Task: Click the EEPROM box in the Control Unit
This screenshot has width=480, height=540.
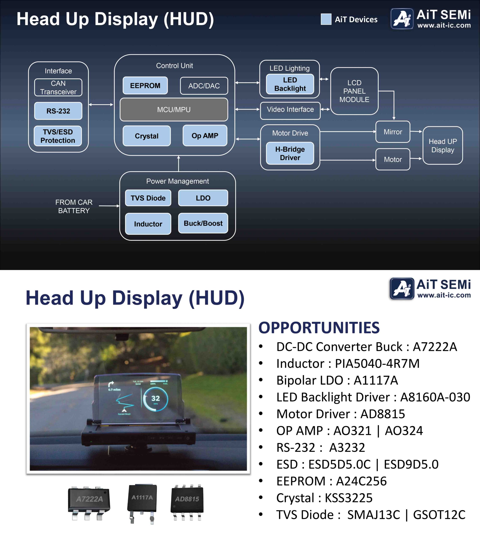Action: click(145, 86)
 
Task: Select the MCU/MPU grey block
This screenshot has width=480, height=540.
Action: click(174, 110)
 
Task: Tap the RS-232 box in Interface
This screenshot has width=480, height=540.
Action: click(58, 111)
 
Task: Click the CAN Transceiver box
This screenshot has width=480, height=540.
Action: click(58, 88)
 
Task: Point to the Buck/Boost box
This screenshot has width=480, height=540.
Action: click(203, 223)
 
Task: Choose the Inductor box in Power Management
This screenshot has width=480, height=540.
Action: click(148, 224)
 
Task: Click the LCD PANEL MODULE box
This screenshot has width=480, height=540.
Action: click(354, 91)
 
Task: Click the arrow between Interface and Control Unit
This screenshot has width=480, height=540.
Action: click(101, 105)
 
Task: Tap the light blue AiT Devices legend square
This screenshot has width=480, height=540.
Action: click(326, 19)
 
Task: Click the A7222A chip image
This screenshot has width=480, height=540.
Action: click(89, 503)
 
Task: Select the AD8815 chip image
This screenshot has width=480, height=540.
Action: click(187, 502)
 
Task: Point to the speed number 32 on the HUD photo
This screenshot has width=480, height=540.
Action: click(155, 398)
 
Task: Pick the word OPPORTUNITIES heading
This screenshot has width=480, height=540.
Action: click(319, 328)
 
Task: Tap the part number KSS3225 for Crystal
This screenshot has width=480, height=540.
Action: click(348, 498)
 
